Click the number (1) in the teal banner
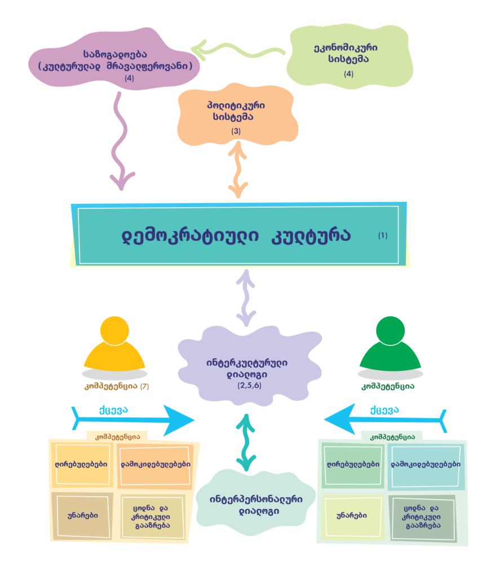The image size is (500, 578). click(x=383, y=235)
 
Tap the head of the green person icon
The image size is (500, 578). click(x=390, y=330)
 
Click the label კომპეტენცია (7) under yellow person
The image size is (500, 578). click(x=115, y=387)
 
